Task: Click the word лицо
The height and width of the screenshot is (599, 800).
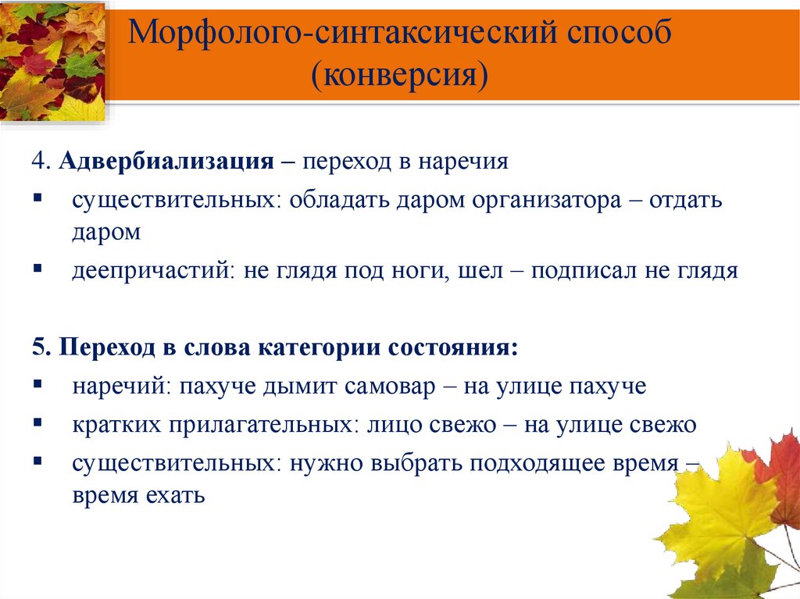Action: click(392, 426)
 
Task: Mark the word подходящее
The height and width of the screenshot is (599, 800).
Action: click(533, 463)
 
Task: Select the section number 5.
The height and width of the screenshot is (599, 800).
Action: click(37, 348)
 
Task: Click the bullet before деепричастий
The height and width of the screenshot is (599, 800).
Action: click(37, 268)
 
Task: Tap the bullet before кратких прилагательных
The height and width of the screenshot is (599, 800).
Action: click(37, 423)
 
